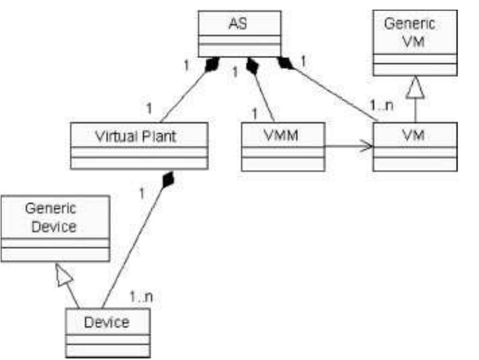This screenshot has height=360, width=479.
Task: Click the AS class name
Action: tap(239, 24)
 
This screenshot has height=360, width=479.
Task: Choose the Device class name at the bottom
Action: tap(107, 322)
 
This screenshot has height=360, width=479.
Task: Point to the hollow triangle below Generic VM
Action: tap(416, 88)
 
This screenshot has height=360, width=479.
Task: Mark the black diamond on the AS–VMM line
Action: tap(252, 66)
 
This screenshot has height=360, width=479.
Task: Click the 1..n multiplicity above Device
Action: tap(142, 296)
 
